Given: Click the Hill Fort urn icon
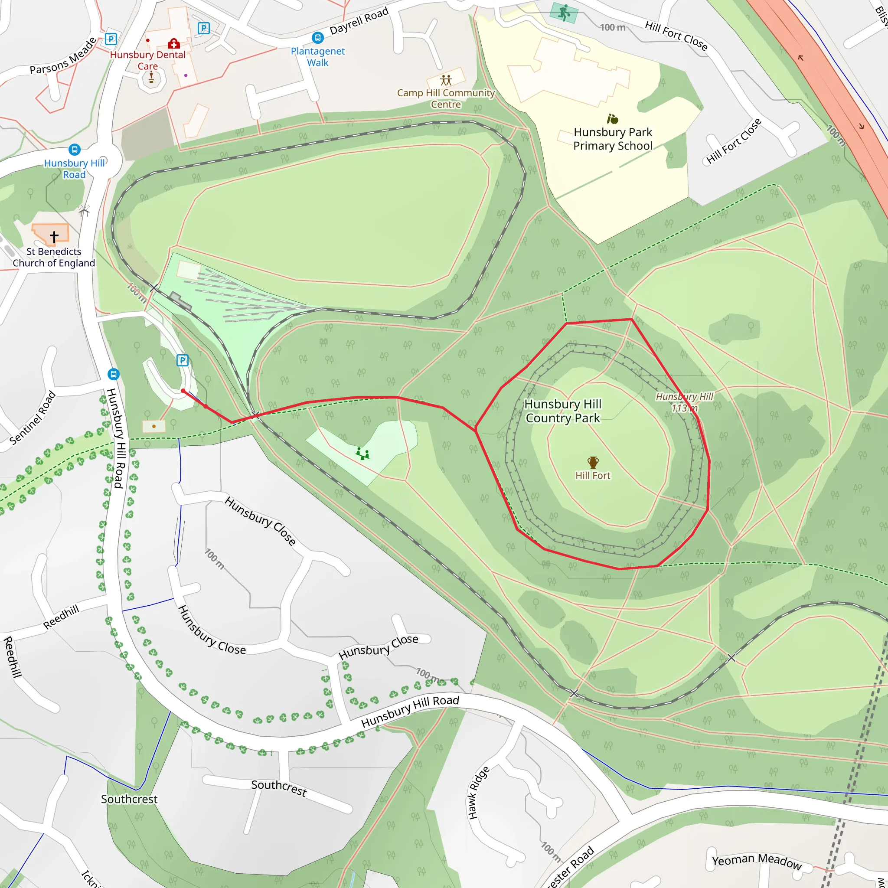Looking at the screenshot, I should (593, 462).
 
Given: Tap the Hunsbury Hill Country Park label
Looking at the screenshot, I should (562, 411).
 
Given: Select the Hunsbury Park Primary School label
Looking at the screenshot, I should (613, 139).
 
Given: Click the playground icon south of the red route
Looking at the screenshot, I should (362, 454).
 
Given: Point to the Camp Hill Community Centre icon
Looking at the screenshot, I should (446, 81).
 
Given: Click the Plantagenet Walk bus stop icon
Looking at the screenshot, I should (317, 37).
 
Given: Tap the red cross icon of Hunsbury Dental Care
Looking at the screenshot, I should (173, 44).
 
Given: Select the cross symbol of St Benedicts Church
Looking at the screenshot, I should (54, 237).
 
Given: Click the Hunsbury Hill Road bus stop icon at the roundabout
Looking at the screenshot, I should (75, 150).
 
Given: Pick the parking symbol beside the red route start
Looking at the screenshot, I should (183, 360).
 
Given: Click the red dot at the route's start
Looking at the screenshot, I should (183, 391).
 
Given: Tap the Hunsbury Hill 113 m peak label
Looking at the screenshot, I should (684, 402).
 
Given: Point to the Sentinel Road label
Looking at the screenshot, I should (33, 418).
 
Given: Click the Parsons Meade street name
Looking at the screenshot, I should (63, 55).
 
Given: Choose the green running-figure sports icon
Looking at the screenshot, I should (564, 13).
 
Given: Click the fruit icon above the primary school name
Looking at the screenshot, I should (613, 119).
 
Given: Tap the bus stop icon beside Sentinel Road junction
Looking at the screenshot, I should (114, 374).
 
